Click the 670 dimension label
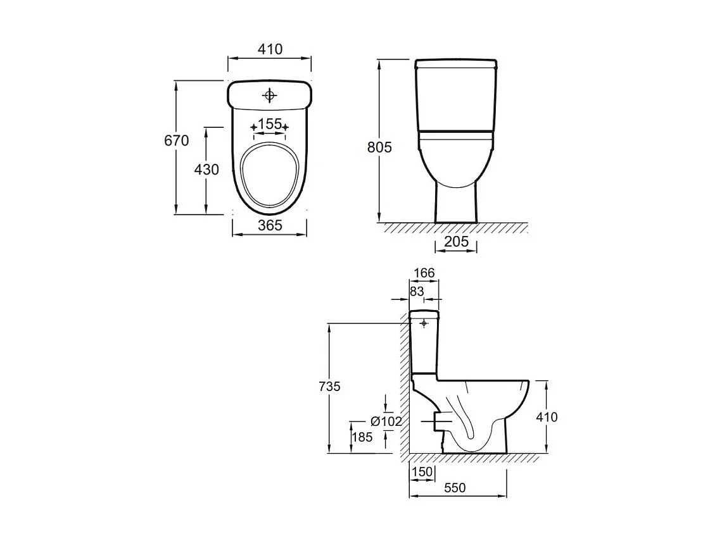176,140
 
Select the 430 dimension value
206,170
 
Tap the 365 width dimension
270,225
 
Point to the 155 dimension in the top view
270,124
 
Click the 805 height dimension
379,147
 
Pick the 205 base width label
456,242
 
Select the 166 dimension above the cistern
424,273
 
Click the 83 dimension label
417,291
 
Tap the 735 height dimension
330,387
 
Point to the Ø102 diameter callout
386,421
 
